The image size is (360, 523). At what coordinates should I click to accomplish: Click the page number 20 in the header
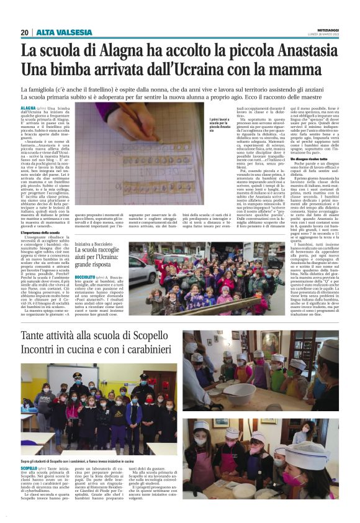coord(24,32)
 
